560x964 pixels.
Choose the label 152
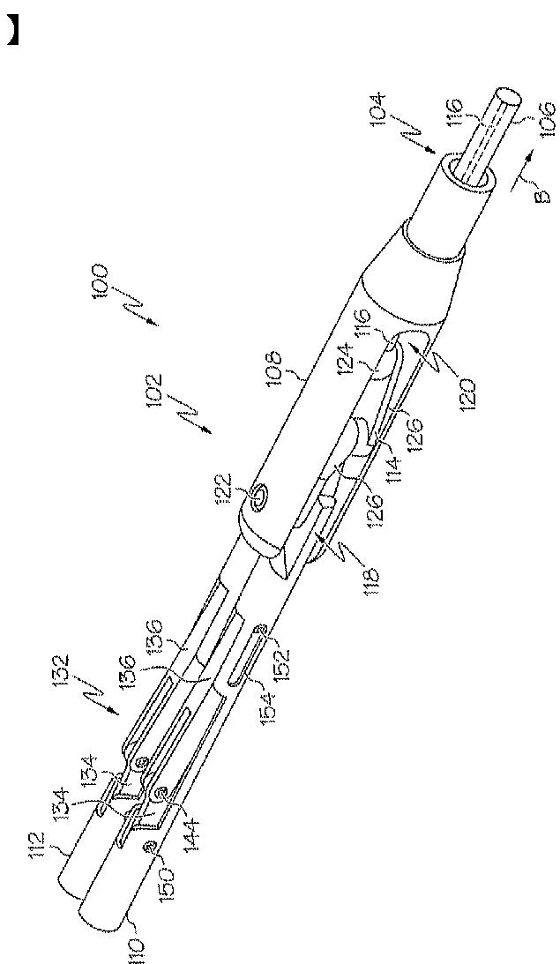pyautogui.click(x=281, y=644)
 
